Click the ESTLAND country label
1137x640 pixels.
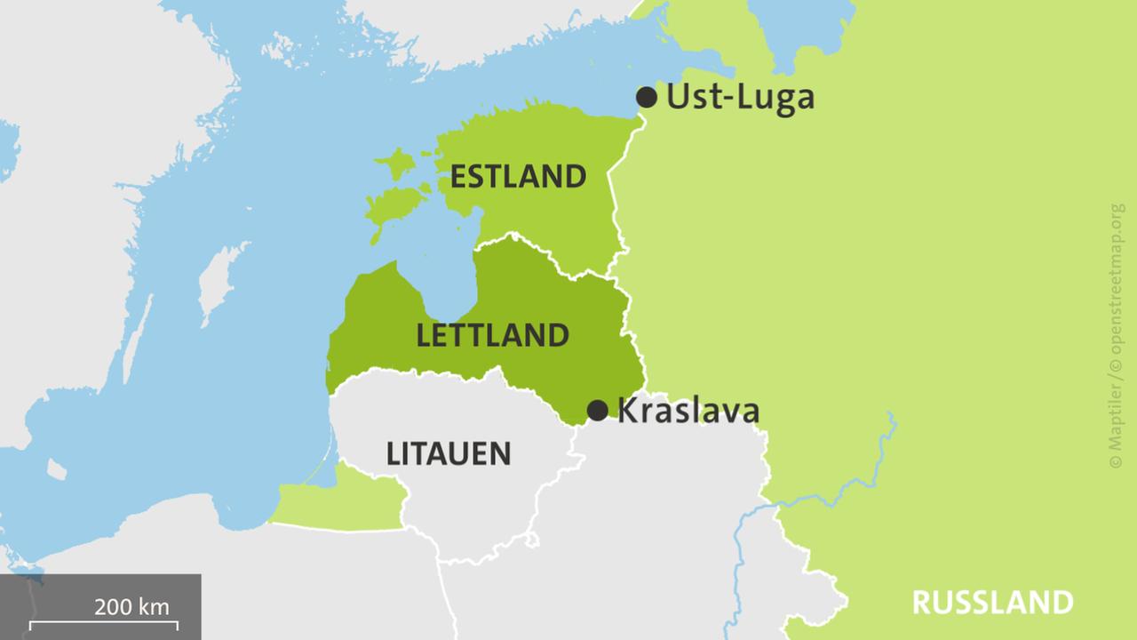518,177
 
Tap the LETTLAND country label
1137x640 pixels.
492,335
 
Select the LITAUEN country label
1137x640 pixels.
449,454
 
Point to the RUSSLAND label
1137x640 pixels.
992,603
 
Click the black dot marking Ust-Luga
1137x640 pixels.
647,97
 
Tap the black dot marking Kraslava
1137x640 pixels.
598,410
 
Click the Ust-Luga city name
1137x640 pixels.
740,96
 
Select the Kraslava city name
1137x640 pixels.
688,411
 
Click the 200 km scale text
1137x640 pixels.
131,608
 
